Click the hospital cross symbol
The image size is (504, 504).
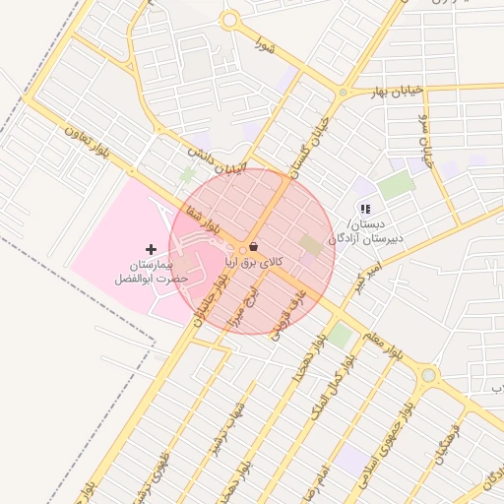click(151, 249)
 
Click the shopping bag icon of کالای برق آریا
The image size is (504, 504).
click(254, 246)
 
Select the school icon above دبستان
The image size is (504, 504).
click(365, 208)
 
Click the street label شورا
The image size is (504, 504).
click(263, 43)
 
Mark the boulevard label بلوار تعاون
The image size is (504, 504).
click(86, 139)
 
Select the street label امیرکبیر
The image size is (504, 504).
click(366, 276)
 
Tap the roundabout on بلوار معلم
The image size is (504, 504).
click(427, 375)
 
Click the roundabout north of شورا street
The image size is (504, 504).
click(230, 19)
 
